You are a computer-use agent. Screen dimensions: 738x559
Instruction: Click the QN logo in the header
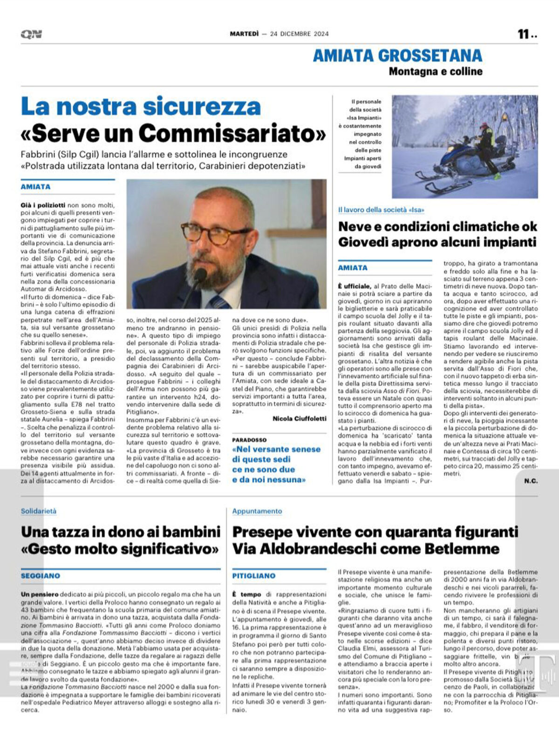(31, 34)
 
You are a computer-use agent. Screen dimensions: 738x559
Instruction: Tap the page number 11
(524, 34)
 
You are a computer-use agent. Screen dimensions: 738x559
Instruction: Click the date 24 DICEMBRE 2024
(299, 34)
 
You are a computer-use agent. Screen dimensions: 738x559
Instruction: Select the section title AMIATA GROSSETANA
(397, 55)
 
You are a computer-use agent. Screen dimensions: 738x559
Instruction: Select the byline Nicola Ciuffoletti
(299, 418)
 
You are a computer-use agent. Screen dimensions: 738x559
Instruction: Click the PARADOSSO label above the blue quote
(249, 439)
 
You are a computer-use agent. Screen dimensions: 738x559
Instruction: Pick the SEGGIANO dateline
(40, 576)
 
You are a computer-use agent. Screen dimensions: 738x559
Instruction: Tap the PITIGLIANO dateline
(253, 576)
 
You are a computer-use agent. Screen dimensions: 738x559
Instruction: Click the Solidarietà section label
(39, 511)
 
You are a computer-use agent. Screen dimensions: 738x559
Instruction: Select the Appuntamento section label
(257, 511)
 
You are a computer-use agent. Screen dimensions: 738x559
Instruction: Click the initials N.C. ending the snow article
(531, 481)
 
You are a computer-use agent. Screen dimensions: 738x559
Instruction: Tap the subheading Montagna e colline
(435, 71)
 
